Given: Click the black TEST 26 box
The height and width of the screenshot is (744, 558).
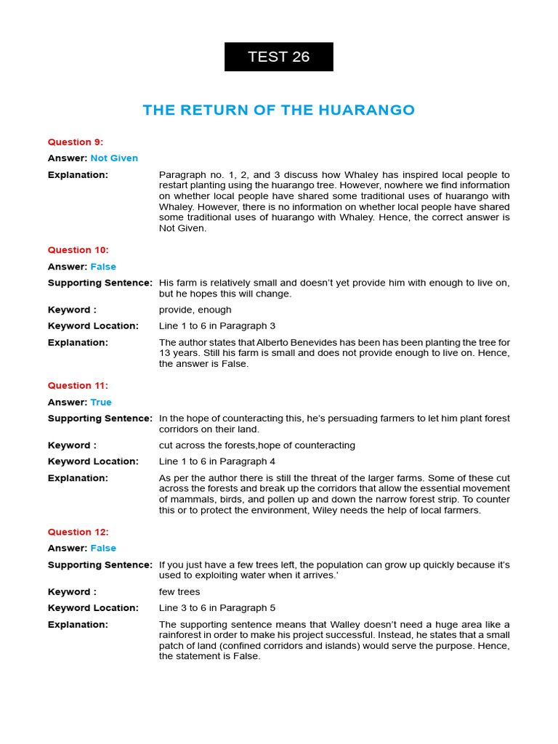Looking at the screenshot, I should (x=278, y=57).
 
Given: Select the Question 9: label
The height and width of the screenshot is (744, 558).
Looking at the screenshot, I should (x=76, y=142).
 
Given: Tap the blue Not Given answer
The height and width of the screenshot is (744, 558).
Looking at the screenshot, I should (x=114, y=158).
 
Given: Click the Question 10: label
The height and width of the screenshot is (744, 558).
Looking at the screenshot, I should (x=78, y=251).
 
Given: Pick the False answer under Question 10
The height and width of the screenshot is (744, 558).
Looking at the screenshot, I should (x=103, y=267).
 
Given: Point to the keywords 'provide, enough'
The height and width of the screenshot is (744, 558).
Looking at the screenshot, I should (x=195, y=310).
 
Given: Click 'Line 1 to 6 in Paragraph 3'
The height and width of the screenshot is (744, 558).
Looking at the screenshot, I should (x=217, y=326).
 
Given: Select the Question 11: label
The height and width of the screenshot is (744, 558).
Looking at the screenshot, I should (x=78, y=386).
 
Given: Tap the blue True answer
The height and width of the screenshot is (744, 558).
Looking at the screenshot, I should (x=101, y=403).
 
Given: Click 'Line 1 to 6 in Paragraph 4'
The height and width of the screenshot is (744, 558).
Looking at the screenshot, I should (x=217, y=461).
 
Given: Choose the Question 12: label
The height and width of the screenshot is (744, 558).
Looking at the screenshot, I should (x=78, y=533).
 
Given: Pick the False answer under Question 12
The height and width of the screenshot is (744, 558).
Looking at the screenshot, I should (x=103, y=549).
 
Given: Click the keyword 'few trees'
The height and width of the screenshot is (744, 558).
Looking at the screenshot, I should (x=179, y=592).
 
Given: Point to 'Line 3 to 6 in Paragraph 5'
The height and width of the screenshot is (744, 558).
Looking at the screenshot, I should (x=217, y=608).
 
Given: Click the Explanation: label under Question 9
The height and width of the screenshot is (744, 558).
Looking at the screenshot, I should (x=78, y=175).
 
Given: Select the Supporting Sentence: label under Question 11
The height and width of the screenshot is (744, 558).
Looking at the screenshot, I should (x=100, y=418).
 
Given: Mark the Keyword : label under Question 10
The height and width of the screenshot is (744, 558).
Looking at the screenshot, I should (x=72, y=310).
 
